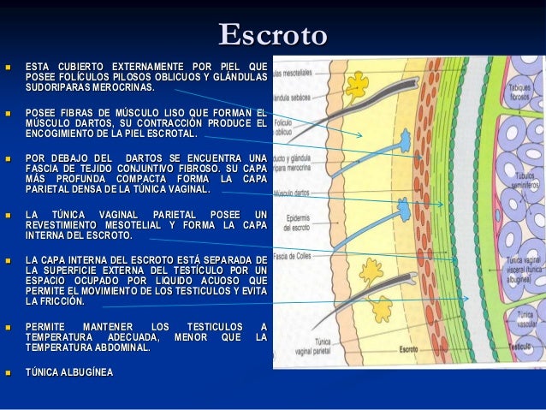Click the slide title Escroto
click(272, 36)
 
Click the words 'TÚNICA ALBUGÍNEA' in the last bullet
click(69, 372)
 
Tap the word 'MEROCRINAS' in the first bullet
click(123, 87)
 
